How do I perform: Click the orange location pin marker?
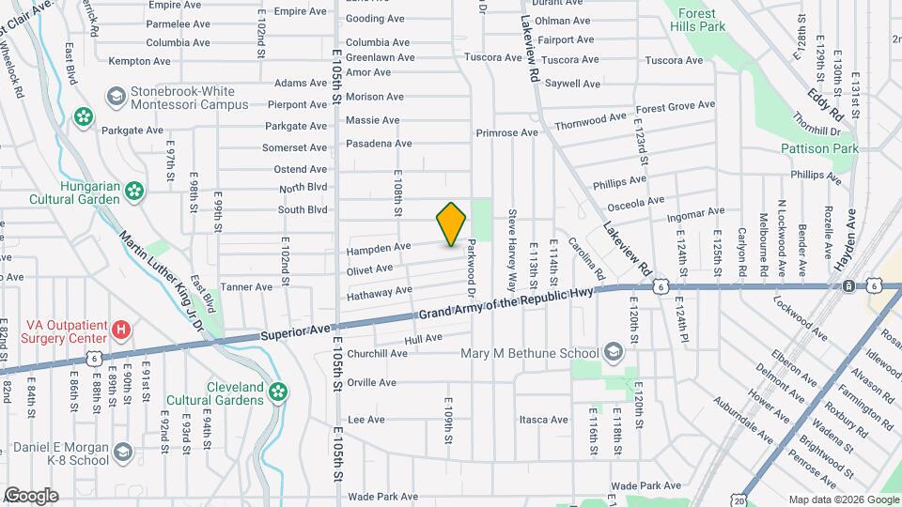[451, 224]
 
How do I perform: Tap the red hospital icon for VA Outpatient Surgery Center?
[121, 330]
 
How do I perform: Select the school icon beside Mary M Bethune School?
[614, 353]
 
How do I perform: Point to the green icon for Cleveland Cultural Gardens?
[277, 392]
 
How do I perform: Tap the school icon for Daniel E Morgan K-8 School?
[122, 454]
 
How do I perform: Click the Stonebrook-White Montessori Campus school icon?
[116, 97]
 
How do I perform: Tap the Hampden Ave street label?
[379, 247]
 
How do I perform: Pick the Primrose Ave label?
[506, 132]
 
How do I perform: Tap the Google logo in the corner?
[31, 495]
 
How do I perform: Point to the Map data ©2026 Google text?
[843, 499]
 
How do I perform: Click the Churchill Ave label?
[378, 354]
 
